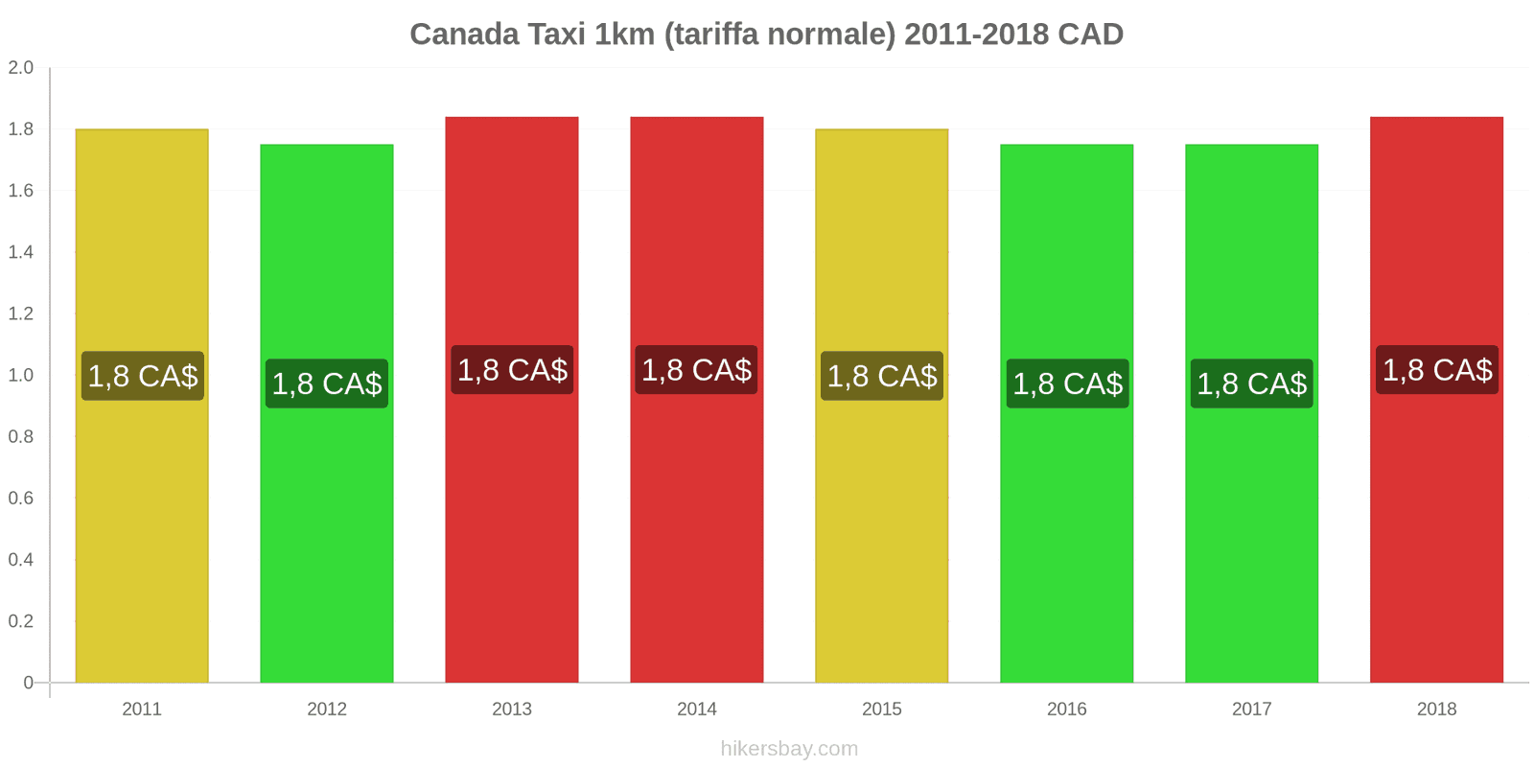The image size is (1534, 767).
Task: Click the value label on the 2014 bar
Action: click(x=696, y=370)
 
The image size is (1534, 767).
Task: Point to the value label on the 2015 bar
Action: click(x=882, y=376)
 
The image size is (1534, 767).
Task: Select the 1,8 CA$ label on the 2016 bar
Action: click(x=1067, y=383)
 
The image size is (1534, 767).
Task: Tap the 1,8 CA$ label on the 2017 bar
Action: click(x=1251, y=383)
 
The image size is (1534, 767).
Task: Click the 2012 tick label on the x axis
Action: click(x=327, y=709)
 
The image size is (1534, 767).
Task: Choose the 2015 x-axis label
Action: click(x=882, y=709)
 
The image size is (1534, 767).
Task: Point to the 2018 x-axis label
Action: click(x=1436, y=709)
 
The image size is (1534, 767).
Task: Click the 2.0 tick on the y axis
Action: click(x=21, y=68)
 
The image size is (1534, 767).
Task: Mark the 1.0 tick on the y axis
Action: click(x=21, y=375)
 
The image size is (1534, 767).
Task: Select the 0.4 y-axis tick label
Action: click(x=21, y=560)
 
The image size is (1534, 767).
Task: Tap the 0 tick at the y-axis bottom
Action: click(x=28, y=683)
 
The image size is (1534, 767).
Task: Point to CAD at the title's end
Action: click(x=1090, y=35)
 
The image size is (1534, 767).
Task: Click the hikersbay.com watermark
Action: click(x=789, y=749)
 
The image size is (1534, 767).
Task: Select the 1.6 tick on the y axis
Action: click(x=21, y=191)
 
